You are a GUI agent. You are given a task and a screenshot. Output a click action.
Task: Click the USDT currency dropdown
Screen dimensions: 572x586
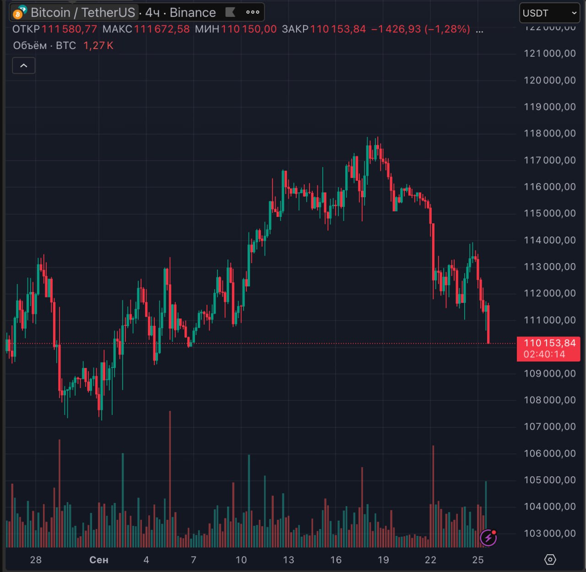coord(549,13)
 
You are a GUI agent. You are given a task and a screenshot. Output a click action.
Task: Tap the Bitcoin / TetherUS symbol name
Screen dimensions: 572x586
coord(83,12)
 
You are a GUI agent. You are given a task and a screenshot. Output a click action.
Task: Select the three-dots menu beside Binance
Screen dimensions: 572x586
coord(252,12)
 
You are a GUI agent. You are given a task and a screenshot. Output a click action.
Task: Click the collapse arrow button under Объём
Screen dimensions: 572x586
coord(24,66)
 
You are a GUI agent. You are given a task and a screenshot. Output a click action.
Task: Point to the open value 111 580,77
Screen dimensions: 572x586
coord(69,29)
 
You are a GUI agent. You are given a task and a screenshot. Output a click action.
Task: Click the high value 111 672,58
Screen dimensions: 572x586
coord(162,29)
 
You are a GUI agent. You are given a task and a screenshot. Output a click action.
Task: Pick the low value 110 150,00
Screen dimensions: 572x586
coord(249,29)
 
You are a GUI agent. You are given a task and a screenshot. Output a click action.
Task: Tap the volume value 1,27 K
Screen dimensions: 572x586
coord(98,45)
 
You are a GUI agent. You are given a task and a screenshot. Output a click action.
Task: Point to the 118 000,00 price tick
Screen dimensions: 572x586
coord(549,134)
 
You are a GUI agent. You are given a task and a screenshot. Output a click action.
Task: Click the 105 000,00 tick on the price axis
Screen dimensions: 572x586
coord(549,480)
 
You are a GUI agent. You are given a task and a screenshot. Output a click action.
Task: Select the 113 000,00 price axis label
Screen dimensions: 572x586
coord(549,267)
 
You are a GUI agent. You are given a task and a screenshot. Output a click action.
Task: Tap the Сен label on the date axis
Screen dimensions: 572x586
coord(99,560)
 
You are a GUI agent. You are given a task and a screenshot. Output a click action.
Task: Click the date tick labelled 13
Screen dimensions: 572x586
coord(288,560)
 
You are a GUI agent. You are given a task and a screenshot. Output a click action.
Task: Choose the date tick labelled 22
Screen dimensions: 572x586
coord(430,560)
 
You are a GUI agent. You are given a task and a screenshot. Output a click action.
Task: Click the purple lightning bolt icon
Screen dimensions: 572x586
coord(488,538)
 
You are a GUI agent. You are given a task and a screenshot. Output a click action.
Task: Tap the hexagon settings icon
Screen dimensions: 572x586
coord(550,559)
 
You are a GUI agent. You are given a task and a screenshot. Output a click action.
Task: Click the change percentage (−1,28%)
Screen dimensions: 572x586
coord(447,29)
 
